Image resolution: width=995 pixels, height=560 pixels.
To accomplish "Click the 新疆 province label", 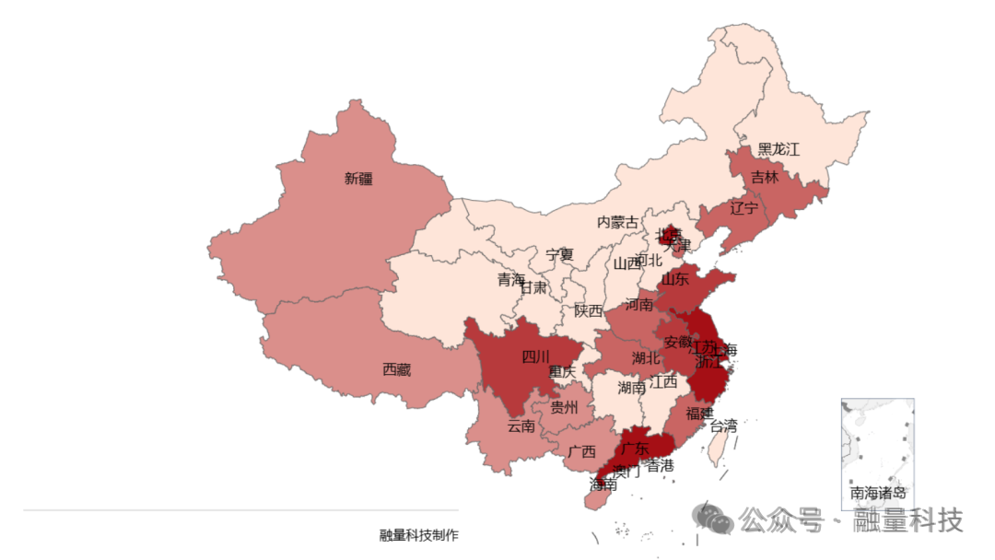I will coord(358,179).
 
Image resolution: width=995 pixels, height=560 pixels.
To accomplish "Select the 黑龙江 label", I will coord(778,149).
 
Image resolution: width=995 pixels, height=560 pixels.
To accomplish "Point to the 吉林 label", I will coord(764,177).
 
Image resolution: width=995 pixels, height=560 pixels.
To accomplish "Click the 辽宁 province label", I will coord(743,208).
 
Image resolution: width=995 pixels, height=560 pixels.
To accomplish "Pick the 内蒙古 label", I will coord(617,222).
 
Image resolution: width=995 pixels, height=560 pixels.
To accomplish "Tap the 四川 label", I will coord(535,356).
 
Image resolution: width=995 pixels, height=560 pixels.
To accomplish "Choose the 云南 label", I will coord(521,426).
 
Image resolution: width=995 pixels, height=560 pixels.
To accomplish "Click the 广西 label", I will coord(581,451).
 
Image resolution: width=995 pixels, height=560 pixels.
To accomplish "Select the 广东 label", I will coord(635,449).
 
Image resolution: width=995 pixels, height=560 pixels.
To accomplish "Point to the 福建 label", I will coord(699,414).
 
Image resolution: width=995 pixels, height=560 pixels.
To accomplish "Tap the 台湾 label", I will coord(723,426).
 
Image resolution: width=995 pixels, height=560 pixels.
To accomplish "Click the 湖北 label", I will coord(646,357).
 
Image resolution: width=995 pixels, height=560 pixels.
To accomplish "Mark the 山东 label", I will coord(674,278).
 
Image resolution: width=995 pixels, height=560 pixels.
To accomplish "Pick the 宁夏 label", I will coord(559,254).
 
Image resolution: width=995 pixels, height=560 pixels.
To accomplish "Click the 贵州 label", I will coord(565,407).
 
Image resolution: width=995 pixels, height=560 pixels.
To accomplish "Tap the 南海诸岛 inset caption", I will coord(878,492).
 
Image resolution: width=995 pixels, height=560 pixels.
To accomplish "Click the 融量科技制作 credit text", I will coord(418,535).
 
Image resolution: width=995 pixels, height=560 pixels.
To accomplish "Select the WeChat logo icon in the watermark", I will coord(714,519).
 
